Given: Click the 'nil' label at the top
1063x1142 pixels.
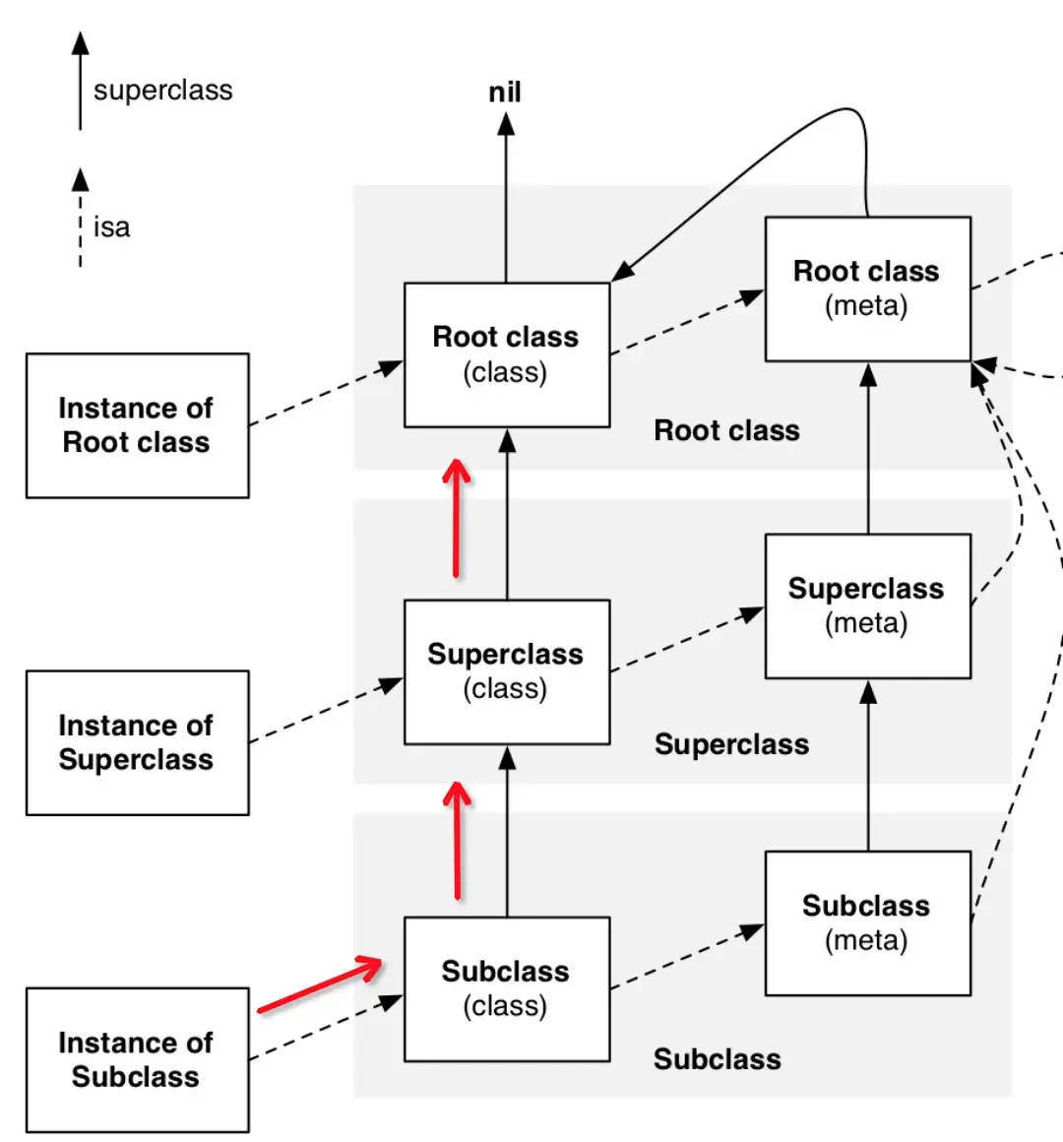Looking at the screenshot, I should [x=505, y=93].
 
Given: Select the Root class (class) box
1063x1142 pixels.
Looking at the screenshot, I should [x=507, y=354].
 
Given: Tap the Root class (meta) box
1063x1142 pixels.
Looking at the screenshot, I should [x=867, y=288].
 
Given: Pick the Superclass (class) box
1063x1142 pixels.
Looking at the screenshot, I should [x=507, y=671].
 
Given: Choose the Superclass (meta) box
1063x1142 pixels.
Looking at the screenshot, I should [x=867, y=605].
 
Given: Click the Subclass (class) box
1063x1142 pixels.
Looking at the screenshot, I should [x=507, y=988].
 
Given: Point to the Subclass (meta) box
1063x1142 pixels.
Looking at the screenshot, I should [x=867, y=922].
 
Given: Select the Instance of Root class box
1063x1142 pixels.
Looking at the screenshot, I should [x=137, y=425].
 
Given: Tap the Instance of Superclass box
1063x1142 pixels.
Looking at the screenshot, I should [x=137, y=742].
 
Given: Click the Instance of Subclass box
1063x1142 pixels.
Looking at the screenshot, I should [x=137, y=1059].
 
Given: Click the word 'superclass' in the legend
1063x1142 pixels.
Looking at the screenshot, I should [x=163, y=91].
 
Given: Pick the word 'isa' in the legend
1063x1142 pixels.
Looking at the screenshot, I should [x=111, y=227].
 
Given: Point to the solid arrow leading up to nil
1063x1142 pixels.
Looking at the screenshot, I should [x=506, y=197].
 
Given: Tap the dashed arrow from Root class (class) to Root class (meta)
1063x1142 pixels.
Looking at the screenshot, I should [x=686, y=323].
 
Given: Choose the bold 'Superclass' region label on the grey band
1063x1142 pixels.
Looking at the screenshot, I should [x=731, y=744].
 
